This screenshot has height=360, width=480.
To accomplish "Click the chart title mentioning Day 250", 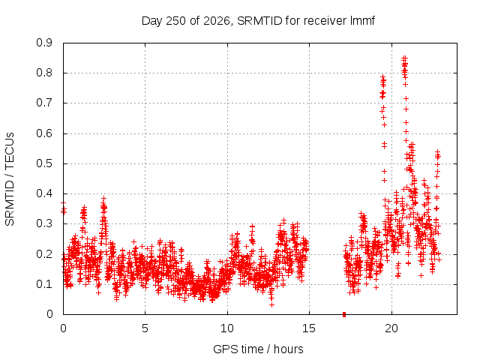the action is click(x=258, y=21).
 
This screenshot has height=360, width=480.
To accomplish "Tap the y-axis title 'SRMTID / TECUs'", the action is click(x=10, y=179).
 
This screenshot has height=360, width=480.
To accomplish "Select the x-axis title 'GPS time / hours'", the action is click(x=258, y=349).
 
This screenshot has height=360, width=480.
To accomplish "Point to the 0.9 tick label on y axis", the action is click(x=44, y=43).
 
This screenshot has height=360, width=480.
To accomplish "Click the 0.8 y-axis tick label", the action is click(x=44, y=73).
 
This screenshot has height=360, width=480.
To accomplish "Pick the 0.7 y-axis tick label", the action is click(x=44, y=103).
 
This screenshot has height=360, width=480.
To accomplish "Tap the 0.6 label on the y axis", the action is click(x=44, y=133).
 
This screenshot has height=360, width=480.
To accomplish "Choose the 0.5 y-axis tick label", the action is click(x=44, y=163).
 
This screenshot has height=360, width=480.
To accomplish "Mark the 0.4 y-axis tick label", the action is click(x=44, y=193).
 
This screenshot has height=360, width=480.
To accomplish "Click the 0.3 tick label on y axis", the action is click(x=44, y=223).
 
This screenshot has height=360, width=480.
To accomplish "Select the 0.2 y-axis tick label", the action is click(x=44, y=253).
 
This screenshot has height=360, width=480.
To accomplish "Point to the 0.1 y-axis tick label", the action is click(x=44, y=283).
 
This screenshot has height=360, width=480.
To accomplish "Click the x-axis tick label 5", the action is click(x=145, y=328).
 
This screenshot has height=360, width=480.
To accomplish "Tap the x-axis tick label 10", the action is click(x=227, y=328).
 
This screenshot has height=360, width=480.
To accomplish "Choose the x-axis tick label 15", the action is click(x=309, y=328).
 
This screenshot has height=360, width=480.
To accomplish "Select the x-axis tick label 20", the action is click(x=391, y=328).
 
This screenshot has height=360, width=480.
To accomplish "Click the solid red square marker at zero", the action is click(x=344, y=314).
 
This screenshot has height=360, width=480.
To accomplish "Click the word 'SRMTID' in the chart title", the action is click(x=259, y=21).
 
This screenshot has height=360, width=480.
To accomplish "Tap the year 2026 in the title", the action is click(x=217, y=21).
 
